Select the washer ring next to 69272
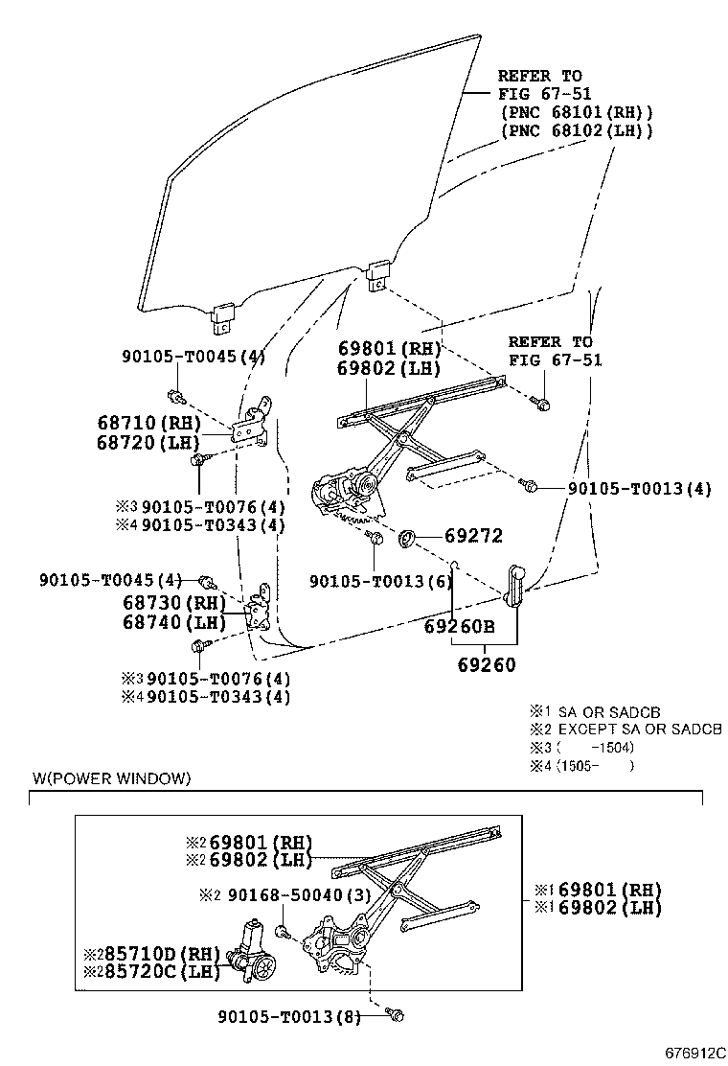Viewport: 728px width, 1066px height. pyautogui.click(x=405, y=540)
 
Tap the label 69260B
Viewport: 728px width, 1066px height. pyautogui.click(x=459, y=627)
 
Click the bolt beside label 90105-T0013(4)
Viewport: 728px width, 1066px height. pyautogui.click(x=529, y=486)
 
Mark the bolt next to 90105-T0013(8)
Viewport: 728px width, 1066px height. pyautogui.click(x=395, y=1013)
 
